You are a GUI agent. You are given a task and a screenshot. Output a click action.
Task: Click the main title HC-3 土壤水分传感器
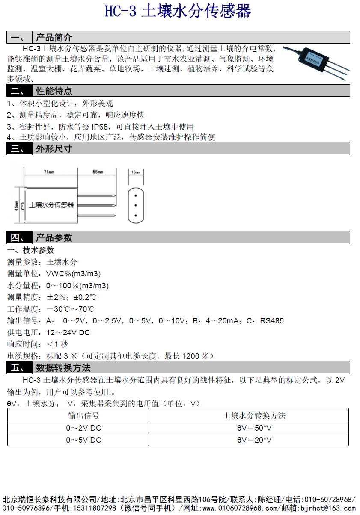178,12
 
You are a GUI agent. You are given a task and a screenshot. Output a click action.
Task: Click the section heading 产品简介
54,37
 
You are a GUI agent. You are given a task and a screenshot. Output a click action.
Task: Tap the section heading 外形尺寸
54,148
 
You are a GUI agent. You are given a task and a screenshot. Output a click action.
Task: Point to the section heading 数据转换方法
63,367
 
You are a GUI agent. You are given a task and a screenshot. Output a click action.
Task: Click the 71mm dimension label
48,172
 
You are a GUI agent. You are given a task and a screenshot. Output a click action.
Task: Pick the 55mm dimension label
98,172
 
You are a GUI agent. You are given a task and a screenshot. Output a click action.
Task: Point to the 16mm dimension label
136,172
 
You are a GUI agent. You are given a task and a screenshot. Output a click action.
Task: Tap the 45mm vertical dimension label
16,205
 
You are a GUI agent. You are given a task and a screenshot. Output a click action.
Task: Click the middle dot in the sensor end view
136,205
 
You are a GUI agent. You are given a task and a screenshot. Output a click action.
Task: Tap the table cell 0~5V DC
83,440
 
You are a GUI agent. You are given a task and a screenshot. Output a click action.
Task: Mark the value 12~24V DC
68,332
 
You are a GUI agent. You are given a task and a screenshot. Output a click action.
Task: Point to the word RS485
272,320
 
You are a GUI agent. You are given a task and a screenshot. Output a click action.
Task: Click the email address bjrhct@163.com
328,508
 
